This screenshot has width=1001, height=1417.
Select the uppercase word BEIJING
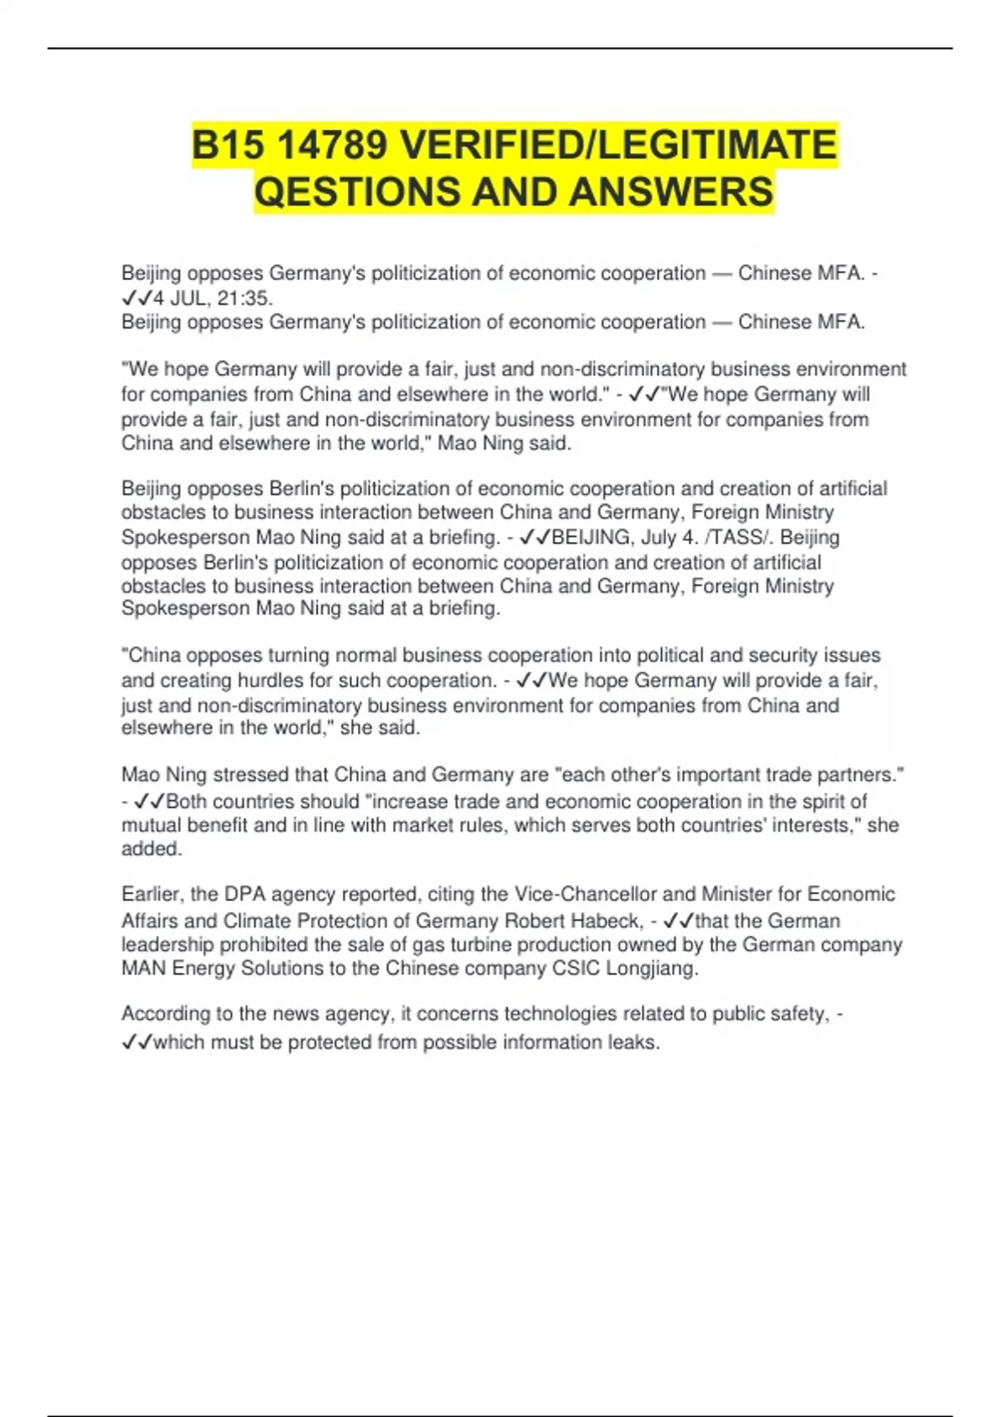click(x=591, y=538)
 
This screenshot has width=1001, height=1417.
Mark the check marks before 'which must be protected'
click(x=137, y=1043)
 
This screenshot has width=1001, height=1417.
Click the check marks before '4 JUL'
click(x=137, y=298)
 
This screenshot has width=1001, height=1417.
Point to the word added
click(x=151, y=849)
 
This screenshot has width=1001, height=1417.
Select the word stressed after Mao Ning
click(x=250, y=775)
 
